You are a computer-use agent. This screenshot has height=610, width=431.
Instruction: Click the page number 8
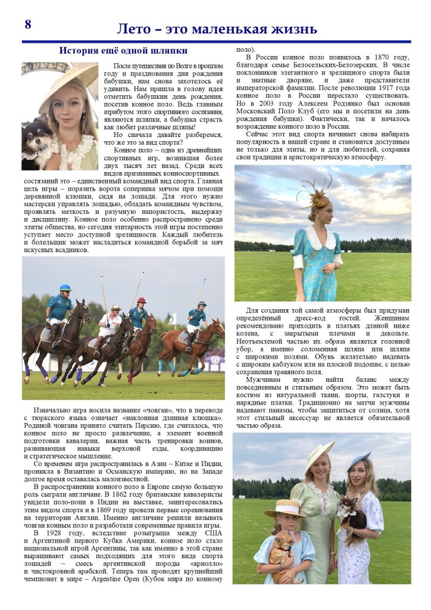tap(28, 24)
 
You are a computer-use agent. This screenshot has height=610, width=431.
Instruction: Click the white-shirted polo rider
tap(111, 324)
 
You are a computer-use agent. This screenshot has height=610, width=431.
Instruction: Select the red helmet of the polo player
tap(141, 300)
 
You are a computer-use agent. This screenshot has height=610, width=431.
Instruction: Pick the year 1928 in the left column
tap(57, 533)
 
